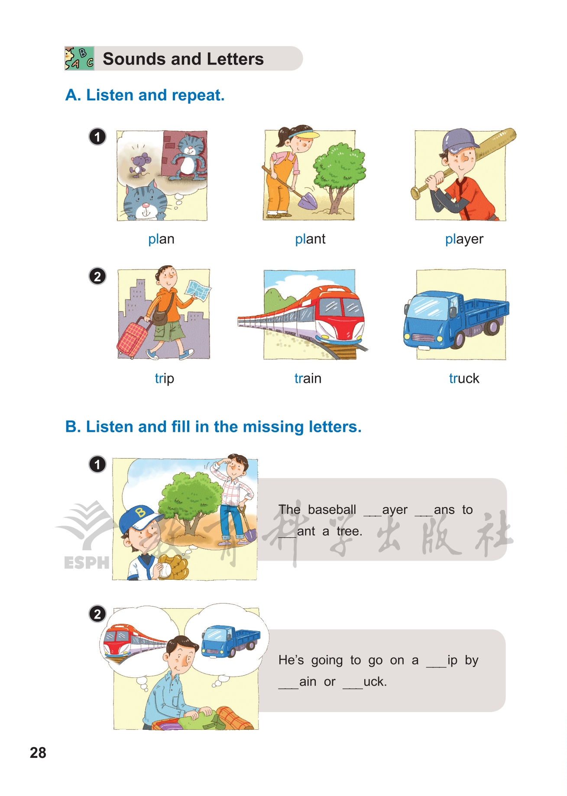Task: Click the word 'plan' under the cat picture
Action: pyautogui.click(x=161, y=239)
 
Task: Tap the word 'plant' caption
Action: pyautogui.click(x=310, y=239)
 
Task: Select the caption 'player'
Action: pyautogui.click(x=464, y=240)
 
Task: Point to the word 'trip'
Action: pyautogui.click(x=165, y=379)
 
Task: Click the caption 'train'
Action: pyautogui.click(x=308, y=379)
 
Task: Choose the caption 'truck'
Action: pyautogui.click(x=464, y=379)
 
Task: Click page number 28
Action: pyautogui.click(x=38, y=753)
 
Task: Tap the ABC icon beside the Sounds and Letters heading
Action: pyautogui.click(x=79, y=58)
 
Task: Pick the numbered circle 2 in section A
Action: pyautogui.click(x=97, y=276)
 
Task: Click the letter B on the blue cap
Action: pyautogui.click(x=140, y=513)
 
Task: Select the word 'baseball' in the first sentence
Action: pyautogui.click(x=332, y=510)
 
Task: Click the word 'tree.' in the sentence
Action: pyautogui.click(x=350, y=531)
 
